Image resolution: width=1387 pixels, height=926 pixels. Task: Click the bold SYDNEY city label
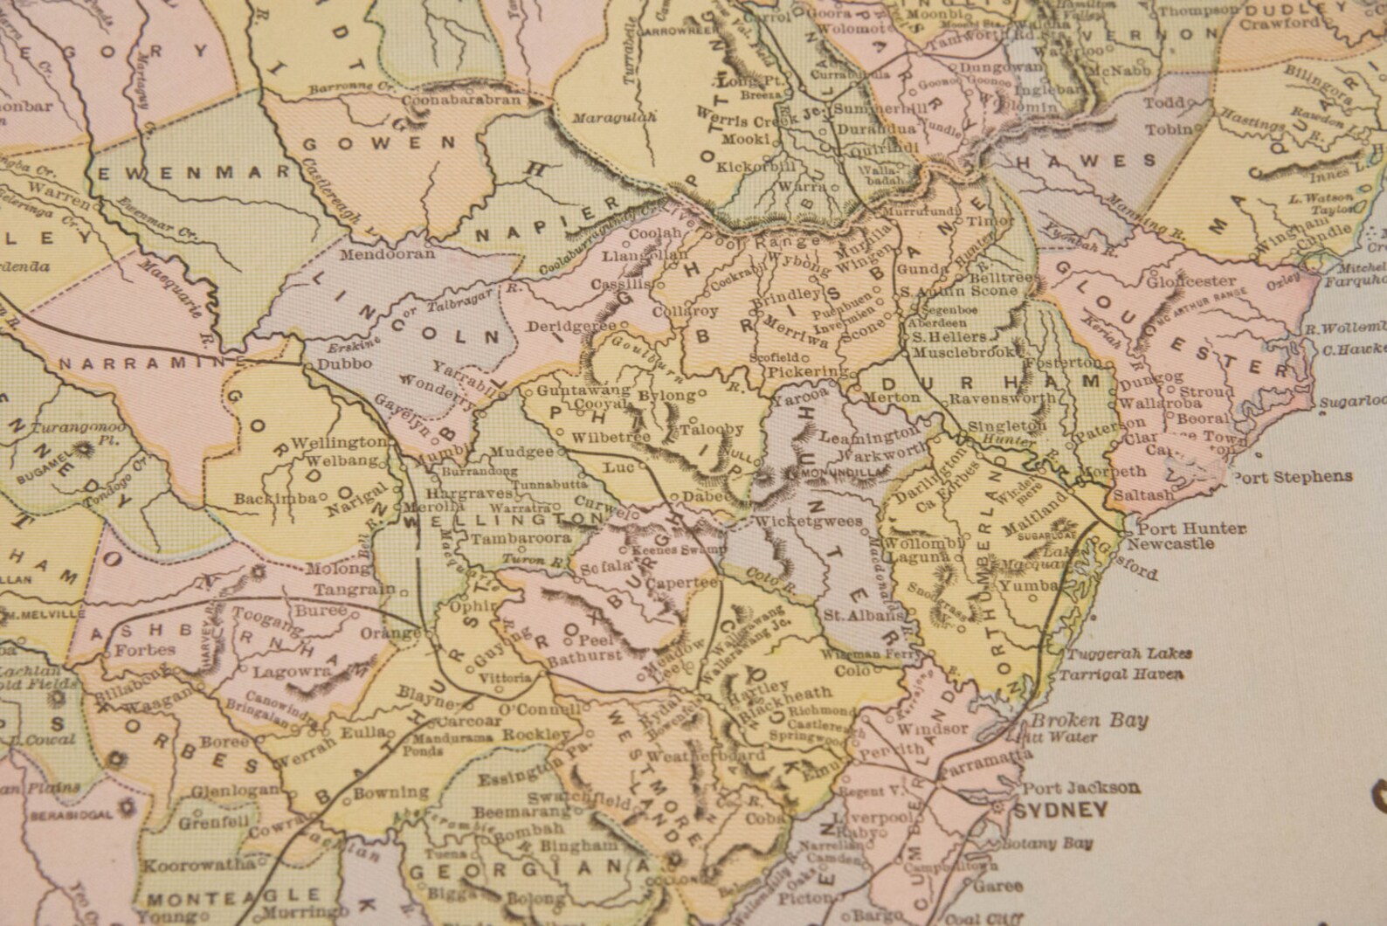pyautogui.click(x=1059, y=810)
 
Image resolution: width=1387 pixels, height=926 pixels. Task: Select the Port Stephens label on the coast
pyautogui.click(x=1292, y=477)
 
